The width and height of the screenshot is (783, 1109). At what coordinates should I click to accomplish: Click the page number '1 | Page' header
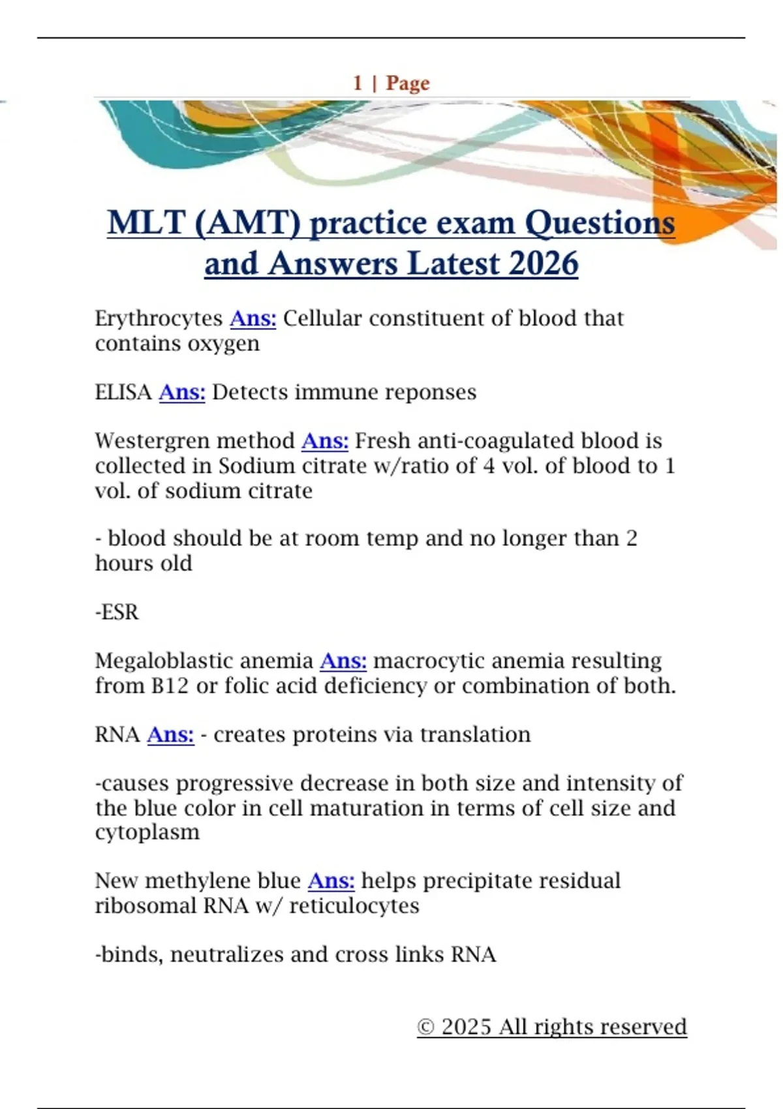pyautogui.click(x=391, y=84)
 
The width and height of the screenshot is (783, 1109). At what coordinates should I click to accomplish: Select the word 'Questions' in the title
pyautogui.click(x=600, y=223)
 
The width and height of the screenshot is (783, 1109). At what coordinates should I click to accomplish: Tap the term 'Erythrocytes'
pyautogui.click(x=159, y=319)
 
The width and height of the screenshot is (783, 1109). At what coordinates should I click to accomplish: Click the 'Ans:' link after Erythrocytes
pyautogui.click(x=253, y=319)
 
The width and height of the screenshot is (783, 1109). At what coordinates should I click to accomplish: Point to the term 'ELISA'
pyautogui.click(x=123, y=393)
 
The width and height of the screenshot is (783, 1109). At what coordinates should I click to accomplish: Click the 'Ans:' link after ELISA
pyautogui.click(x=182, y=393)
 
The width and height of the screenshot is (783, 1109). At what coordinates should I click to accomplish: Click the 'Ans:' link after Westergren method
pyautogui.click(x=324, y=442)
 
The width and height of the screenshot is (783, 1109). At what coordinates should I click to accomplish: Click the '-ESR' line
pyautogui.click(x=117, y=613)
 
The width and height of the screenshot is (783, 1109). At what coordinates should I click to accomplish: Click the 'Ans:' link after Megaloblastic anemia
pyautogui.click(x=343, y=661)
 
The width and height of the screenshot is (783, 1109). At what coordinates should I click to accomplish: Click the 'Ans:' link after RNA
pyautogui.click(x=170, y=735)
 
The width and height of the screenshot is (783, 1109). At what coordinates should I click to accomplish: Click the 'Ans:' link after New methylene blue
pyautogui.click(x=331, y=881)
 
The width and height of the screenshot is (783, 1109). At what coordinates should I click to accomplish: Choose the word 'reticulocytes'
pyautogui.click(x=354, y=906)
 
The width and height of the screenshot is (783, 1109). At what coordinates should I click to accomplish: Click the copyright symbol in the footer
pyautogui.click(x=425, y=1027)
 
